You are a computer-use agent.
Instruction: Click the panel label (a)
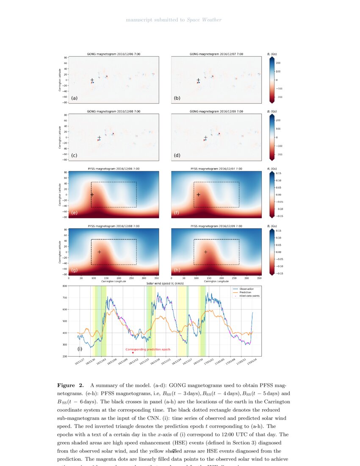[x=74, y=98]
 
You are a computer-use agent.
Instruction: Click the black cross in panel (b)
[x=198, y=80]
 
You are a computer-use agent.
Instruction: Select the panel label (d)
[x=177, y=155]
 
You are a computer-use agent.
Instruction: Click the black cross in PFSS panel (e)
[x=92, y=194]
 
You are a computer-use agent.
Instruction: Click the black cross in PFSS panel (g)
[x=99, y=252]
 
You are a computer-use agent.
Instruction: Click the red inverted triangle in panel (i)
[x=133, y=353]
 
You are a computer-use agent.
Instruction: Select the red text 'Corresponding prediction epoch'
[x=148, y=349]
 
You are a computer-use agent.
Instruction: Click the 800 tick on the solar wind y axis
[x=65, y=286]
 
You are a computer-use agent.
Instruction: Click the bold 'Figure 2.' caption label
[x=70, y=386]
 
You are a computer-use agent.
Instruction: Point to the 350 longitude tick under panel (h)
[x=259, y=278]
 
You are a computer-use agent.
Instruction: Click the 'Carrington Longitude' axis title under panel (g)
[x=114, y=281]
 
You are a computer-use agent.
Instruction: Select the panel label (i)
[x=80, y=349]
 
